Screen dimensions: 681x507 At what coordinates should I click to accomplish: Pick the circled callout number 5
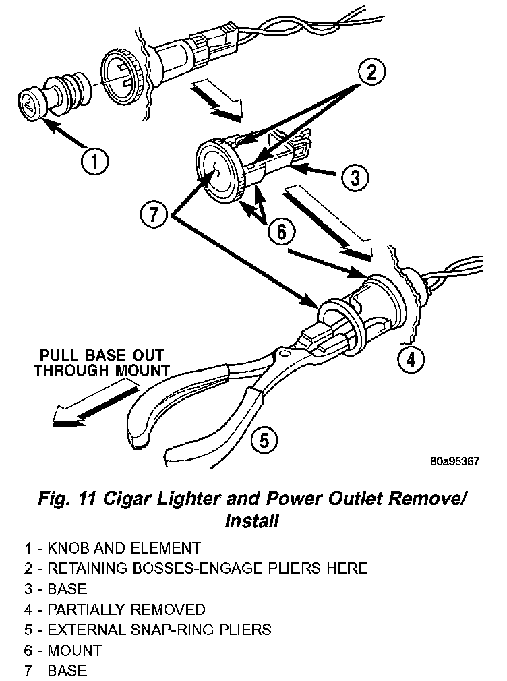click(264, 441)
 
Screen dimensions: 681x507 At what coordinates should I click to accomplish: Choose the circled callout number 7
click(154, 215)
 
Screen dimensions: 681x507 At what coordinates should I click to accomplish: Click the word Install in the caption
click(251, 521)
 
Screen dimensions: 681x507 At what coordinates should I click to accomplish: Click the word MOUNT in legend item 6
click(75, 651)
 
